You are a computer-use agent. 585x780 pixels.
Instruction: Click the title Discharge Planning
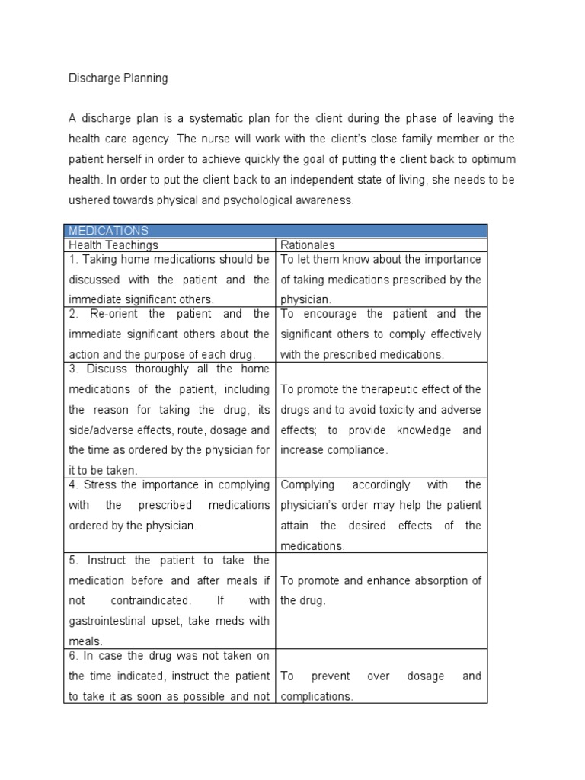coord(118,78)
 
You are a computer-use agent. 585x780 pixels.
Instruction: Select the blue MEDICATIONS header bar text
coord(109,231)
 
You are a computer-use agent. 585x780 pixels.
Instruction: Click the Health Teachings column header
coord(113,245)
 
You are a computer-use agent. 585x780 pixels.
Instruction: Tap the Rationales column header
coord(308,245)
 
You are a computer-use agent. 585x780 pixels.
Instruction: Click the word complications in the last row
coord(317,696)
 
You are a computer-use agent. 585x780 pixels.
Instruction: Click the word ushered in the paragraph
coord(91,200)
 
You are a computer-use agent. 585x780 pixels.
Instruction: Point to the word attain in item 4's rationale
coord(296,526)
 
